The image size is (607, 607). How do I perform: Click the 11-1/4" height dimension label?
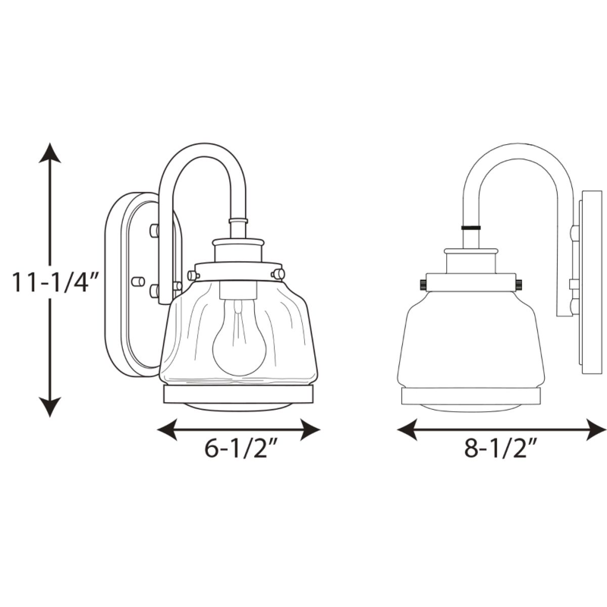55,281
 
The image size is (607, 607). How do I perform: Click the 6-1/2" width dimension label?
241,448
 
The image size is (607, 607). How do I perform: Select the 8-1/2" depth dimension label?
502,448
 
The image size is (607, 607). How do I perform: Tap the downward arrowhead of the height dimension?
49,407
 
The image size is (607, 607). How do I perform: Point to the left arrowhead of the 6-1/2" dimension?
167,429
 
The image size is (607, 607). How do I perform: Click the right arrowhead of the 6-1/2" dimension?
310,429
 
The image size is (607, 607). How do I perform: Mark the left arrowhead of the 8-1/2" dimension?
407,429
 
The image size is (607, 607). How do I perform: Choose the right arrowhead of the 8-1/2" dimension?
596,429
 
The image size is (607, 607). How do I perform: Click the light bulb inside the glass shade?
238,337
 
